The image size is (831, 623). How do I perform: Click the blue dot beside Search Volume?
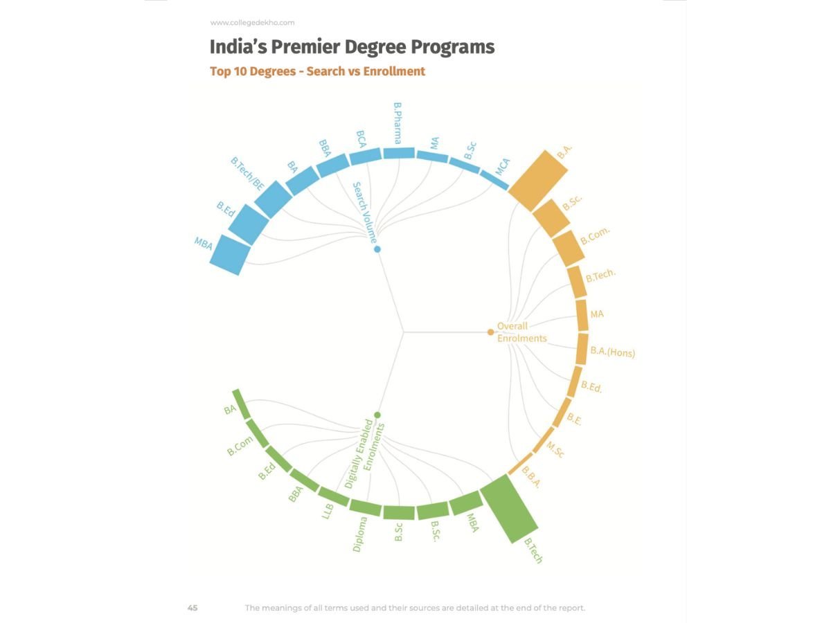(377, 249)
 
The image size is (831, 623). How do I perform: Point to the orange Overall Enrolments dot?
(490, 332)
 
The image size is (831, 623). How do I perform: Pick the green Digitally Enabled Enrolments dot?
(377, 415)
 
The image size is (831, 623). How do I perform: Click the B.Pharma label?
(397, 123)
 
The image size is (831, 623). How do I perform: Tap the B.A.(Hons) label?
(612, 352)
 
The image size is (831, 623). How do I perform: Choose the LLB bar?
(334, 496)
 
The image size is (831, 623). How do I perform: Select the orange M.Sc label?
(555, 450)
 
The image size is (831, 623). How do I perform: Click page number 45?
(193, 608)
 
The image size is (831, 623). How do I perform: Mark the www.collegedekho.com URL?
(252, 23)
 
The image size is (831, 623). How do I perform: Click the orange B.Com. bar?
(569, 249)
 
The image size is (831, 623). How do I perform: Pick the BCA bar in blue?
(365, 157)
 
